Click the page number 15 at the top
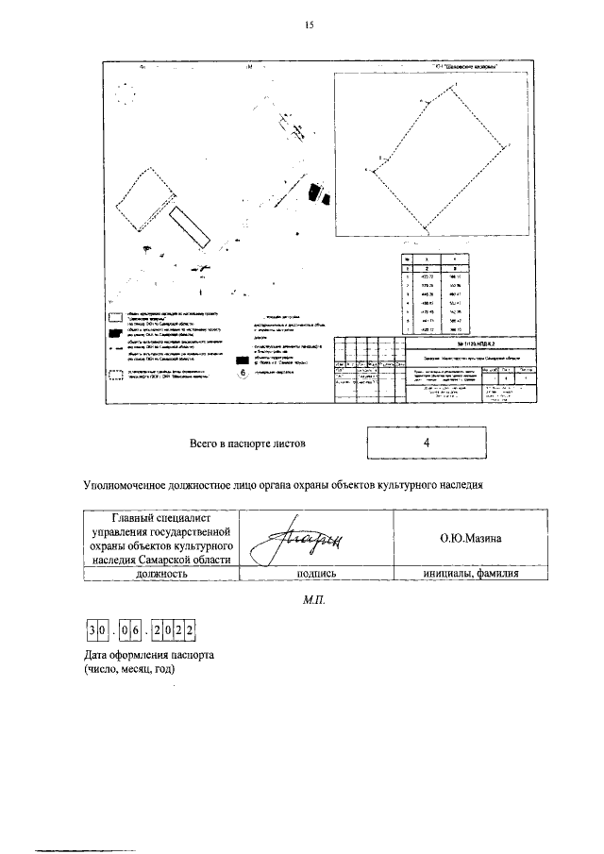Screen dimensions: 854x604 (308, 25)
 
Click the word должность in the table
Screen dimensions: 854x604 (160, 573)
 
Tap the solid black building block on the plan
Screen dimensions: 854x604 (325, 197)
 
